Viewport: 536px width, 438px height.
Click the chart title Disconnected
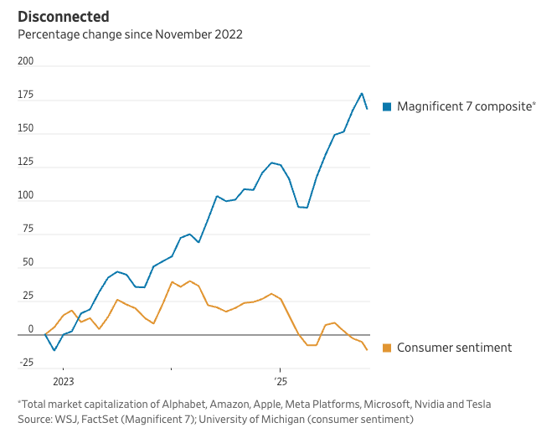63,16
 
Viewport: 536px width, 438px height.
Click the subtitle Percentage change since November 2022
130,34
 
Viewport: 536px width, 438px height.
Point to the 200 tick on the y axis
25,61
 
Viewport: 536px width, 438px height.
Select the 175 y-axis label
25,95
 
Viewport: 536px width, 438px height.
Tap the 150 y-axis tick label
25,128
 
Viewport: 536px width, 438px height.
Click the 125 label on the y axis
25,162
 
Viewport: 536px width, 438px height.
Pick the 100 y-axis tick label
25,195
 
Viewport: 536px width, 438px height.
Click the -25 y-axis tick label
25,362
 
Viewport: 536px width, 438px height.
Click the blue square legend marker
387,106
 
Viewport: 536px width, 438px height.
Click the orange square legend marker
387,348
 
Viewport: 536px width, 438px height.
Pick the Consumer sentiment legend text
454,348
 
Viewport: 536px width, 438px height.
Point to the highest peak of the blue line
362,93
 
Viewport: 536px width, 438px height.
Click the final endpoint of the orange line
367,350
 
